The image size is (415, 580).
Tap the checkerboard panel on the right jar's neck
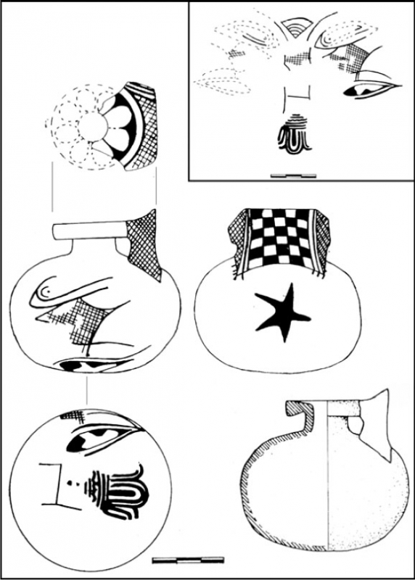pyautogui.click(x=278, y=239)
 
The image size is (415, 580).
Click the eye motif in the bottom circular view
pyautogui.click(x=99, y=438)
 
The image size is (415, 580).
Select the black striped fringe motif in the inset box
pyautogui.click(x=295, y=134)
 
